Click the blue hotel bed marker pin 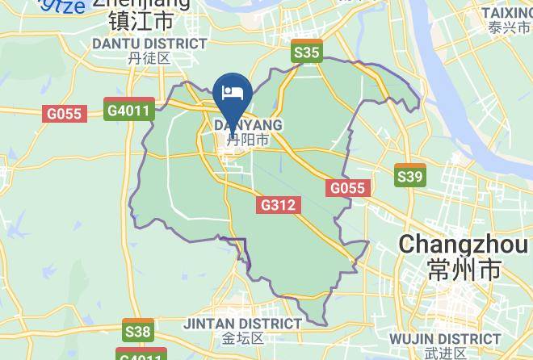(234, 91)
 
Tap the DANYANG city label (248, 125)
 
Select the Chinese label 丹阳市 (248, 140)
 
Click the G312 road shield (279, 206)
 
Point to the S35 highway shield (308, 52)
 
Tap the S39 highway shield (410, 176)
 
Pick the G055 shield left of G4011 (64, 114)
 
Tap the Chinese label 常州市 (465, 269)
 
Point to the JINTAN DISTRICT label (243, 323)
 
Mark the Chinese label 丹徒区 (149, 58)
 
